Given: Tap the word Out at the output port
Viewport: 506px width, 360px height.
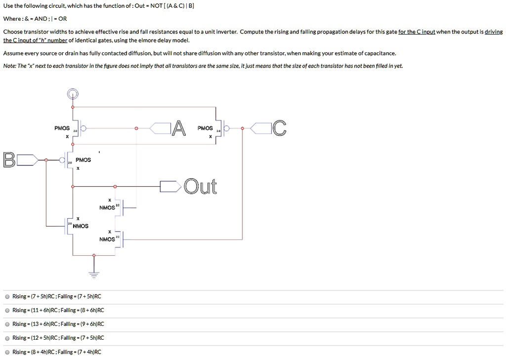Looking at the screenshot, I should point(200,187).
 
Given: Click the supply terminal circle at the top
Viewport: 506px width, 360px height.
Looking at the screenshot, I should point(73,93).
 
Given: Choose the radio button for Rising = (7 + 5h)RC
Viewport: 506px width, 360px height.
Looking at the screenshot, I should point(7,297).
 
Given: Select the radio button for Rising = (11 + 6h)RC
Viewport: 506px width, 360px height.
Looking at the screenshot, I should point(7,311).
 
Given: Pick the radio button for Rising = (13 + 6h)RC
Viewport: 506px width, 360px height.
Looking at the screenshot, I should point(7,324).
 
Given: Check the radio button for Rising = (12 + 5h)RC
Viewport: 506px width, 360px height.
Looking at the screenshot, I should point(7,338).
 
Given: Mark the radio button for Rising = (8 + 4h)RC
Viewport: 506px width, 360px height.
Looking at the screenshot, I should point(7,352).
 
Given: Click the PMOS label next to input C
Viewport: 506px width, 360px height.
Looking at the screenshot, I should point(205,128).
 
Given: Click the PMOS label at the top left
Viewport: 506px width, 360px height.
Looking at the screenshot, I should point(62,128).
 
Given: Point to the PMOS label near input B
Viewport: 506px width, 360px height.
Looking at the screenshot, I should point(84,160).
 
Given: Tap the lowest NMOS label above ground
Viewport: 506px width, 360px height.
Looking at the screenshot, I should point(107,240).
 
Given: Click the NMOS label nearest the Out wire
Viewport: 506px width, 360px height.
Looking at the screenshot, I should point(107,208).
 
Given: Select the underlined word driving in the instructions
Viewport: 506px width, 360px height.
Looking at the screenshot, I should point(493,32).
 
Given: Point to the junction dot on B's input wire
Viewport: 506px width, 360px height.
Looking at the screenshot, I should point(46,160).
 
